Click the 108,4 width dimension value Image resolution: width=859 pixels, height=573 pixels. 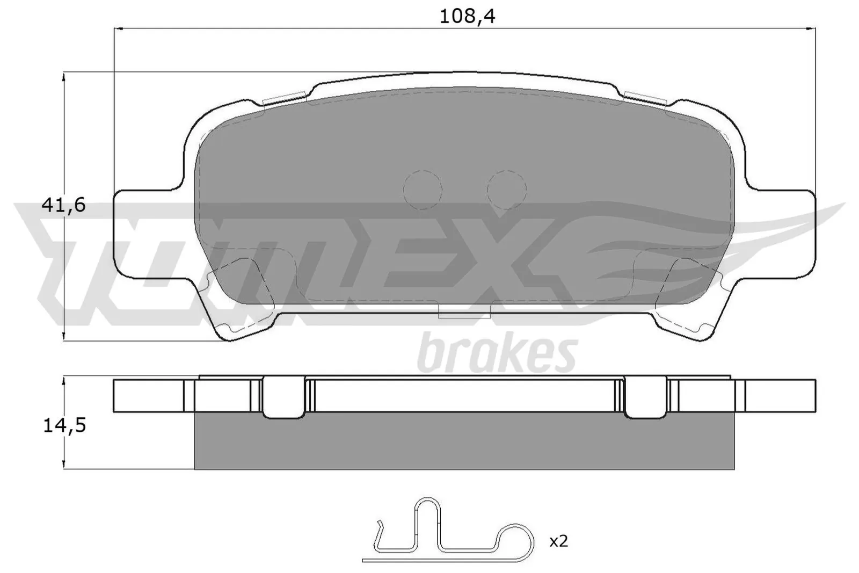467,17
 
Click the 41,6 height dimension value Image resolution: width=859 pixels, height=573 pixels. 63,205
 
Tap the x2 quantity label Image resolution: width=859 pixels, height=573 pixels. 558,541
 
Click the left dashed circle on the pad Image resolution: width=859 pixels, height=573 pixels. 423,190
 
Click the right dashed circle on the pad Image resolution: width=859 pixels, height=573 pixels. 506,190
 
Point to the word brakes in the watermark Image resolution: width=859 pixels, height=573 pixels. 497,353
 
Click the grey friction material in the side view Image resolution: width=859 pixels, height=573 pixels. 464,441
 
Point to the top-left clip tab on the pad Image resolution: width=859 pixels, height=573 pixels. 285,98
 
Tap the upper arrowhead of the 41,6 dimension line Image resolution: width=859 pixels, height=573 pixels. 64,77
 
